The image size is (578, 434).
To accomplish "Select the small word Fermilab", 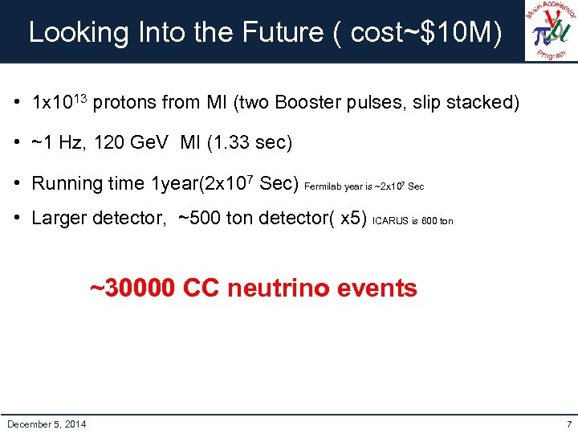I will [x=324, y=186].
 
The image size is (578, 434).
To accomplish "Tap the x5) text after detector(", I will [x=354, y=219].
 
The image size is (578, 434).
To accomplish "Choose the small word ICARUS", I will [x=391, y=221].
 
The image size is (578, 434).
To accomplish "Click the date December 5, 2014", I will [x=47, y=424].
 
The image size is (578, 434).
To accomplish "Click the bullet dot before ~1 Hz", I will [x=17, y=143].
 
